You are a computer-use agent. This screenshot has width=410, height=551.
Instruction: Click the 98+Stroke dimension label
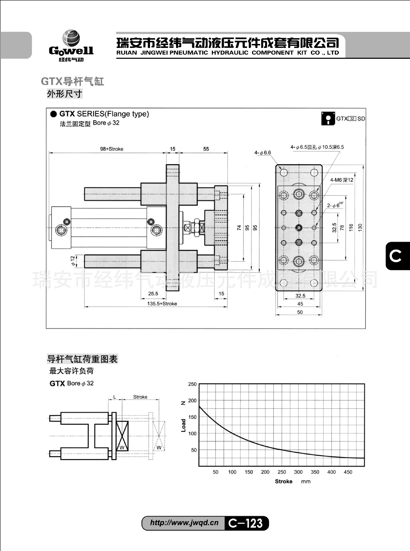[111, 149]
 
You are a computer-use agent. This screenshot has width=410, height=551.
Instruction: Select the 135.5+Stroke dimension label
[162, 304]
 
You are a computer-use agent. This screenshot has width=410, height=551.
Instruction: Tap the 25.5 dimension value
[153, 294]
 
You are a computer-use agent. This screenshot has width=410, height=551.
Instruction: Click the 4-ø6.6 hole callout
[262, 153]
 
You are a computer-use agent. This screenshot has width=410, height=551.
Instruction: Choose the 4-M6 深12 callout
[341, 180]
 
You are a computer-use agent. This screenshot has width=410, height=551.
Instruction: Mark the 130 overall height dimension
[360, 228]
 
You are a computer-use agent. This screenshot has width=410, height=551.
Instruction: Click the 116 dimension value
[351, 228]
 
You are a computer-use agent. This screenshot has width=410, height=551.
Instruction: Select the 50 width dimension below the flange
[300, 312]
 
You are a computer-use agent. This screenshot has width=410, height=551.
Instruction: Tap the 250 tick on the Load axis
[192, 384]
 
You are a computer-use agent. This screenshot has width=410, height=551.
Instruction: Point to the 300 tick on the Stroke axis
[298, 472]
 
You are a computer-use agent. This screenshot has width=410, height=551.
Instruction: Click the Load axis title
[184, 425]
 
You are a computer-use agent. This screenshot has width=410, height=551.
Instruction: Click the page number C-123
[246, 523]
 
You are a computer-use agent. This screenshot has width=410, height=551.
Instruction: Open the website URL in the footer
[184, 523]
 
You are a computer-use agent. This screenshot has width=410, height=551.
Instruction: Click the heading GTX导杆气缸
[72, 82]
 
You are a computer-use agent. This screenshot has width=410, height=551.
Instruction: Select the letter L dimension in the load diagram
[115, 397]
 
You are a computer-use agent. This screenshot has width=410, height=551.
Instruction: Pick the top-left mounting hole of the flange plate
[284, 172]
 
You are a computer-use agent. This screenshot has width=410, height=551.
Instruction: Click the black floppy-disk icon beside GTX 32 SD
[328, 119]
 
